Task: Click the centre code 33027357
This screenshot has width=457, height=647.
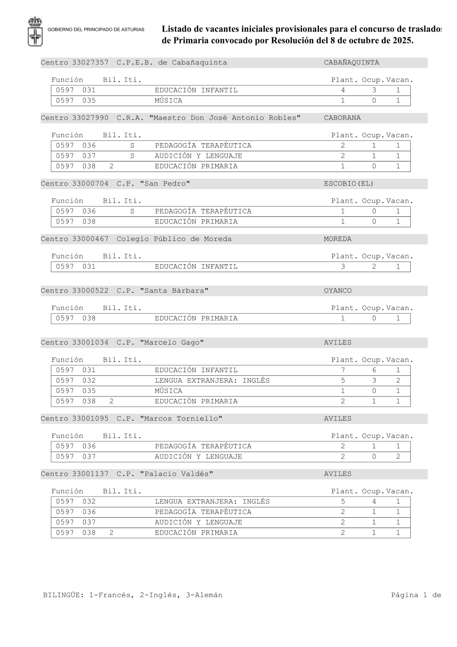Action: tap(90, 63)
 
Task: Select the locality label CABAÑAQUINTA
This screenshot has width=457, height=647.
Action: tap(351, 63)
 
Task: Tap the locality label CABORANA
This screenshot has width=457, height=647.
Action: tap(342, 118)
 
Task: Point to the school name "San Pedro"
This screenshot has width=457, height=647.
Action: tap(165, 184)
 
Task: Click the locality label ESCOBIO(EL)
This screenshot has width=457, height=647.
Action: tap(349, 184)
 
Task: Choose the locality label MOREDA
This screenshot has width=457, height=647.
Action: tap(338, 239)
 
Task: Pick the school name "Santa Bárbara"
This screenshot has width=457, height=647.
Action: tap(174, 291)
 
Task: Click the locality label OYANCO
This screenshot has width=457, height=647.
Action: tap(338, 291)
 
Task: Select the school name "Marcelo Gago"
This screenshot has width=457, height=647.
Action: tap(172, 342)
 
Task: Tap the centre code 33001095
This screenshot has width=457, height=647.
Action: tap(90, 419)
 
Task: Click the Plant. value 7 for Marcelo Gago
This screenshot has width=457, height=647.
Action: tap(343, 370)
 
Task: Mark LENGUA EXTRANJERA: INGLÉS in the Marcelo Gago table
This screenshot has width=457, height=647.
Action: tap(212, 380)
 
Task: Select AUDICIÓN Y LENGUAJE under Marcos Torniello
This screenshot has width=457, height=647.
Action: tap(198, 456)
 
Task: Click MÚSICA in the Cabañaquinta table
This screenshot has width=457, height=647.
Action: tap(168, 101)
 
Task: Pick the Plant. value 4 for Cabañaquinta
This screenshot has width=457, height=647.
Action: tap(343, 91)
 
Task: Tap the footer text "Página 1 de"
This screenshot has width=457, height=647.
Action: tap(416, 595)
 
